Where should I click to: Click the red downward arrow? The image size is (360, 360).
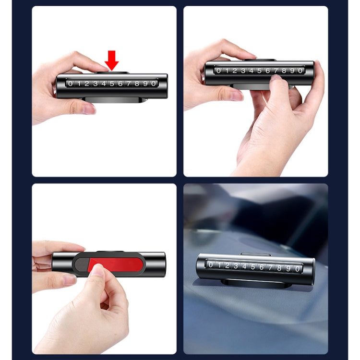click(111, 60)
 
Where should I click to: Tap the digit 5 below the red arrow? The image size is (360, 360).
click(112, 84)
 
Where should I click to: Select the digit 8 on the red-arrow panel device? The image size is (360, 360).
click(137, 84)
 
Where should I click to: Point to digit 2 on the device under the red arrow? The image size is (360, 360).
click(87, 84)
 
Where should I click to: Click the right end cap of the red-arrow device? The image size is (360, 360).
click(163, 86)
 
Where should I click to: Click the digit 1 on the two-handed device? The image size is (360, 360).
click(227, 71)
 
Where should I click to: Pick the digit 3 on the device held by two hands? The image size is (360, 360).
click(243, 71)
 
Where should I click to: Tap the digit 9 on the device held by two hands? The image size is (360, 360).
click(292, 71)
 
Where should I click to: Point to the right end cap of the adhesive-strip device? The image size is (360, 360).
click(160, 264)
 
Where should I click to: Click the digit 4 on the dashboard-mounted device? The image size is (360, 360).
click(244, 266)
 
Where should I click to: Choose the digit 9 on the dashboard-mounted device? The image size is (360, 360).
click(288, 268)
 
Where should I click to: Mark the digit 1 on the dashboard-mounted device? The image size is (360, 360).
click(219, 264)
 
